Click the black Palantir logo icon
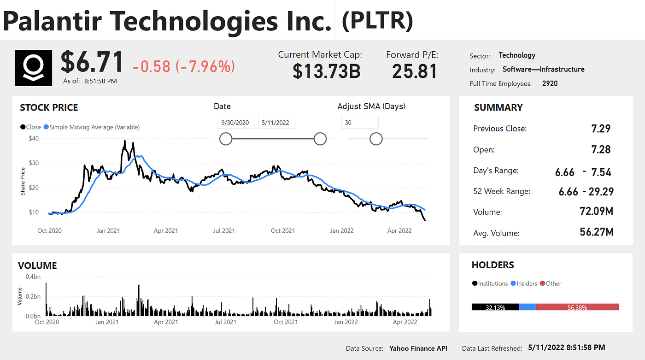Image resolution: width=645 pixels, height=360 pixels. pos(34,68)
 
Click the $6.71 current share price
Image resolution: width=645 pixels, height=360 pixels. pos(92,62)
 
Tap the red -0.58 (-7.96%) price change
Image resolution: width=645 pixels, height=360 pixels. pos(184,66)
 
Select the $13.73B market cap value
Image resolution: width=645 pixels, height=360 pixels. pos(326,71)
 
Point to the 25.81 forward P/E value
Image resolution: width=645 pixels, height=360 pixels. pos(414,71)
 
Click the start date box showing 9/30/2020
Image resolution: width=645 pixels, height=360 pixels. pos(236,123)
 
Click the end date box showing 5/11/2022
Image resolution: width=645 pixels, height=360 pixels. pos(276,123)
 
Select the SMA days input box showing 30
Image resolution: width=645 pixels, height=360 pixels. pos(359,123)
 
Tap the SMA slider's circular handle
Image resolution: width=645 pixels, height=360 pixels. pos(376,139)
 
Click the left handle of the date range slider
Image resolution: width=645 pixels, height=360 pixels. pos(226,139)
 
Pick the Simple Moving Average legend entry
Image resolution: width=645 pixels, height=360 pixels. pos(94,127)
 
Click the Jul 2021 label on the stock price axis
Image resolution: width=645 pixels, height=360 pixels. pos(224,230)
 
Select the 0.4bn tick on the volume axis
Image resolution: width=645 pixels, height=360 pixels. pos(33,277)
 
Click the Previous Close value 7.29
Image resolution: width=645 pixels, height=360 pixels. pos(601,129)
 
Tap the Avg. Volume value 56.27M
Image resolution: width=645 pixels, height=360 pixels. pos(596,232)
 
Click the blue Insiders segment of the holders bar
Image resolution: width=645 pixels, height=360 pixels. pos(528,307)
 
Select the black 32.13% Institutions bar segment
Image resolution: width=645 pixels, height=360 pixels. pos(495,307)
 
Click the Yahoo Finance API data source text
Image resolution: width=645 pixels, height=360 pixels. pos(418,348)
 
